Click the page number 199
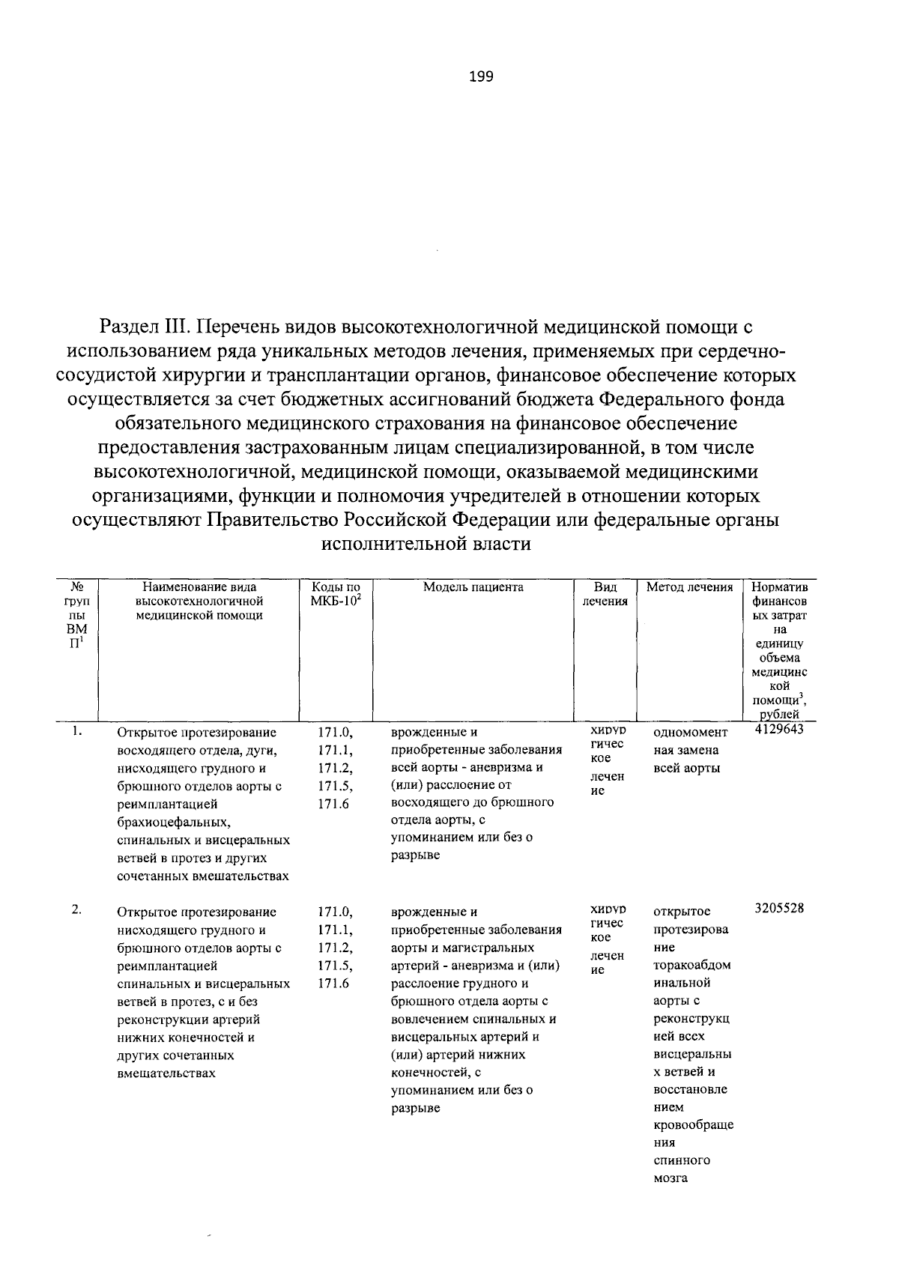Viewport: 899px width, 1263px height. [x=481, y=76]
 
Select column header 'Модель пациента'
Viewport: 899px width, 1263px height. [x=473, y=587]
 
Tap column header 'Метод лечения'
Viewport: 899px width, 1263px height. [x=689, y=587]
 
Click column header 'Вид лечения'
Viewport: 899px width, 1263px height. [x=605, y=594]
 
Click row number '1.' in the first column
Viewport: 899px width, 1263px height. [x=76, y=731]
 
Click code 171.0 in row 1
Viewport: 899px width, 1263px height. [x=335, y=733]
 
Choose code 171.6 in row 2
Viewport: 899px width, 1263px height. [x=333, y=984]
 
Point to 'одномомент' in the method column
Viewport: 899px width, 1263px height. [x=690, y=733]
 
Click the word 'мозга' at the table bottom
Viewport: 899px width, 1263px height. [x=670, y=1178]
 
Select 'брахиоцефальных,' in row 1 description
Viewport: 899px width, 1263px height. [x=164, y=823]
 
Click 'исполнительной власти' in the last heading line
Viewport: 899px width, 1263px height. [x=426, y=544]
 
